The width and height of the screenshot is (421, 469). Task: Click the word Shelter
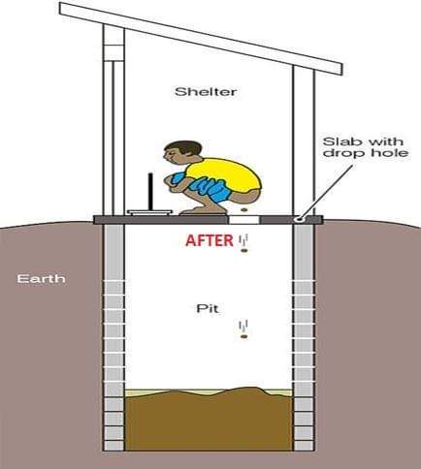click(x=206, y=92)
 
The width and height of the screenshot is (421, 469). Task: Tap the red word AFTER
click(x=210, y=240)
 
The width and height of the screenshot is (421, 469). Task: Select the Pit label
click(x=208, y=308)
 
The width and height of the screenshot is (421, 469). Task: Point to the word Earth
click(x=41, y=278)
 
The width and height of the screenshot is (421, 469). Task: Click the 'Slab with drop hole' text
click(x=366, y=147)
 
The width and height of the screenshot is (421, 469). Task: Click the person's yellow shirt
click(x=225, y=173)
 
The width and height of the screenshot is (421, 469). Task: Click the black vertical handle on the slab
click(x=150, y=192)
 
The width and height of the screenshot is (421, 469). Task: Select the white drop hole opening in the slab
click(x=244, y=220)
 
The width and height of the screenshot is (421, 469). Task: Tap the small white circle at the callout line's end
click(x=300, y=220)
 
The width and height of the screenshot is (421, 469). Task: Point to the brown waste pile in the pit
click(x=209, y=419)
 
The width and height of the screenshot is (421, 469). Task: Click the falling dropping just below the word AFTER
click(x=244, y=250)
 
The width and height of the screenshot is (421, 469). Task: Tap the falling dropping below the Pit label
click(x=244, y=337)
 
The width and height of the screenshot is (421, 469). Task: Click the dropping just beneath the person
click(x=244, y=210)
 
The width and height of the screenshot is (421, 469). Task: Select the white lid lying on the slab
click(x=150, y=212)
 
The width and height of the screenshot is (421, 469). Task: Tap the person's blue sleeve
click(x=178, y=178)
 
